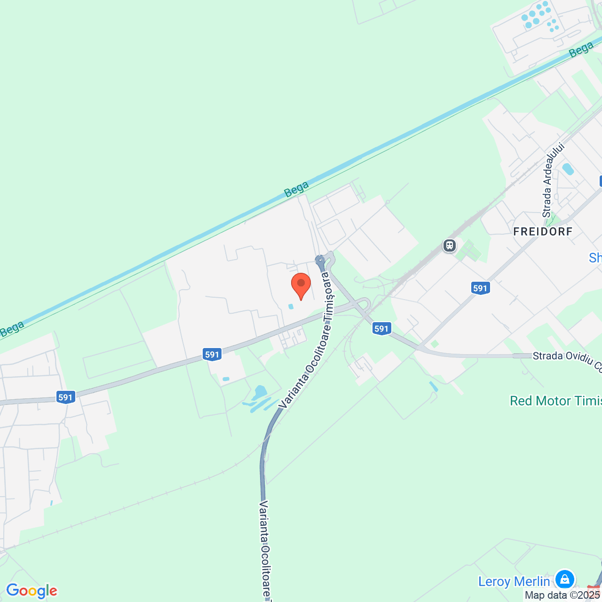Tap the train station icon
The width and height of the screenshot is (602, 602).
coord(450,246)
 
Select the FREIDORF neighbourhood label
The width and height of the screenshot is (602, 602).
coord(543,231)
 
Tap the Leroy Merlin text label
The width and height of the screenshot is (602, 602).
coord(514,581)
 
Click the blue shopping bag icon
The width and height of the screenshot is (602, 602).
coord(564,578)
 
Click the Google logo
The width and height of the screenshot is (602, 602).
coord(32,591)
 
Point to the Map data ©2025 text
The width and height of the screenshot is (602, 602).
coord(562,595)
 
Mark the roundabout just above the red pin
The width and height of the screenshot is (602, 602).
coord(320,259)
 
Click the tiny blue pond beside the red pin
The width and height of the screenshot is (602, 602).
coord(291,307)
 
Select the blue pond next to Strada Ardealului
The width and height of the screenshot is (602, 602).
coord(568,169)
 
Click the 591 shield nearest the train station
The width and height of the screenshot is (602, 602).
coord(480,288)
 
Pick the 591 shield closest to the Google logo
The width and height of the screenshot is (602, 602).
coord(65,397)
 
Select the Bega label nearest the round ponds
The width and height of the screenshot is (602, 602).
coord(581,49)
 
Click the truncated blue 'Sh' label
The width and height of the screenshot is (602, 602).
coord(595,258)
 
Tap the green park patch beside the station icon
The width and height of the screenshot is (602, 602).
coord(469,251)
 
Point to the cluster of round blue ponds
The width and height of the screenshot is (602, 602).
coord(539,16)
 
